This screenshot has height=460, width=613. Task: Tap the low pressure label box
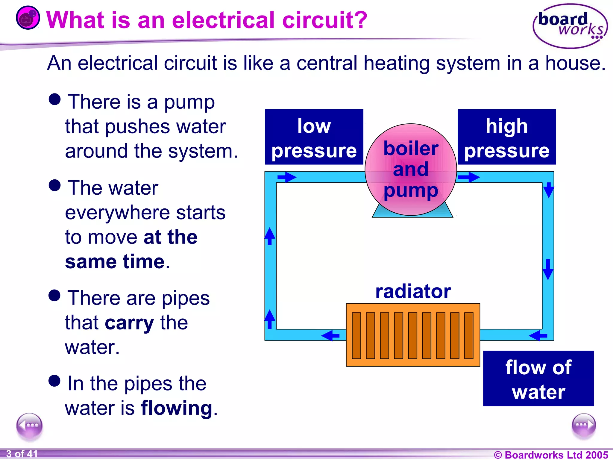(x=314, y=137)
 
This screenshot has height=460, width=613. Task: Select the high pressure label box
(x=506, y=137)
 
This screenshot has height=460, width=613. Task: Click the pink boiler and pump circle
(x=411, y=170)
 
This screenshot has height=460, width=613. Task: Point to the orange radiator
(x=413, y=335)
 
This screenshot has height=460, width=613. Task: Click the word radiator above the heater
(x=413, y=291)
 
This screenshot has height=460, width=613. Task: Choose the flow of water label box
(x=538, y=379)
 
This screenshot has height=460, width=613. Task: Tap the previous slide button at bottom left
(x=29, y=425)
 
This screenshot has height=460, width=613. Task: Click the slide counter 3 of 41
(x=22, y=454)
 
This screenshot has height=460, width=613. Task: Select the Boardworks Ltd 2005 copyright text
(x=551, y=455)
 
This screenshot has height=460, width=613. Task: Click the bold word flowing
(x=177, y=408)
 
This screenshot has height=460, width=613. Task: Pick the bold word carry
(x=129, y=323)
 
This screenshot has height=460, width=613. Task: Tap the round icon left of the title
(x=28, y=18)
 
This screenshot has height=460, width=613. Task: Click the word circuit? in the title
(x=325, y=20)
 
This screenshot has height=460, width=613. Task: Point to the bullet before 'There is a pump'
(x=54, y=99)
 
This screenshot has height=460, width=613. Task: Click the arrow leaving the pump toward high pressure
(x=468, y=177)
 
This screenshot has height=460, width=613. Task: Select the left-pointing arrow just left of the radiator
(x=330, y=335)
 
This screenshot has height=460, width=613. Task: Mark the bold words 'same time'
(x=115, y=262)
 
